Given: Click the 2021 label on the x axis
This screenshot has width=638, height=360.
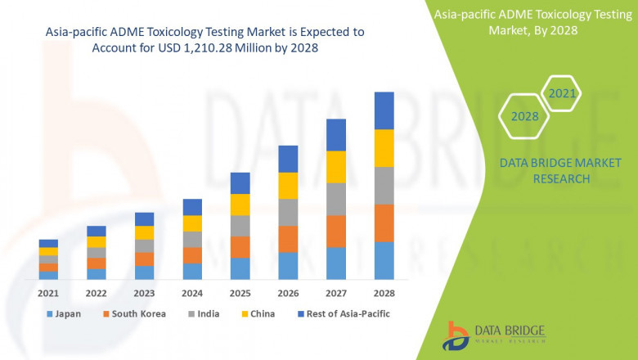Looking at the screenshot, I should tap(48, 293).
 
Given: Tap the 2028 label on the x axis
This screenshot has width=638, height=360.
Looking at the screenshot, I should tap(384, 293).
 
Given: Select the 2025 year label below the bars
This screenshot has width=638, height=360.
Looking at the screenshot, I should tap(240, 293).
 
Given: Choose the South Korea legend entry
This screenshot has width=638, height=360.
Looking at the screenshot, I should tap(135, 313).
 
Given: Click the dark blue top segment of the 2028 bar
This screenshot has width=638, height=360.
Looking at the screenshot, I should tap(384, 110).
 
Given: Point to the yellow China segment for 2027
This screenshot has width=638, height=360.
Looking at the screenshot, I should tap(336, 167).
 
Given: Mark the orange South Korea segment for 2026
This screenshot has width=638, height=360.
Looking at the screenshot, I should tap(288, 239).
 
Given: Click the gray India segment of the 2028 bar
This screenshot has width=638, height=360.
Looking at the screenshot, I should tap(384, 186).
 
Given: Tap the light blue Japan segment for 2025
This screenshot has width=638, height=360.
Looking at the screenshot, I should tap(240, 268).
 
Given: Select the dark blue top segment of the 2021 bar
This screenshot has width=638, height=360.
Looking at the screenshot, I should tap(48, 243).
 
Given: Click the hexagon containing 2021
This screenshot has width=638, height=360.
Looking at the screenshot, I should tap(562, 93).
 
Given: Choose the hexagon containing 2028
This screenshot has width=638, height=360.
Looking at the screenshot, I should tap(524, 116).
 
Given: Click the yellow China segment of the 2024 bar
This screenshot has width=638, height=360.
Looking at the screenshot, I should tap(192, 223).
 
